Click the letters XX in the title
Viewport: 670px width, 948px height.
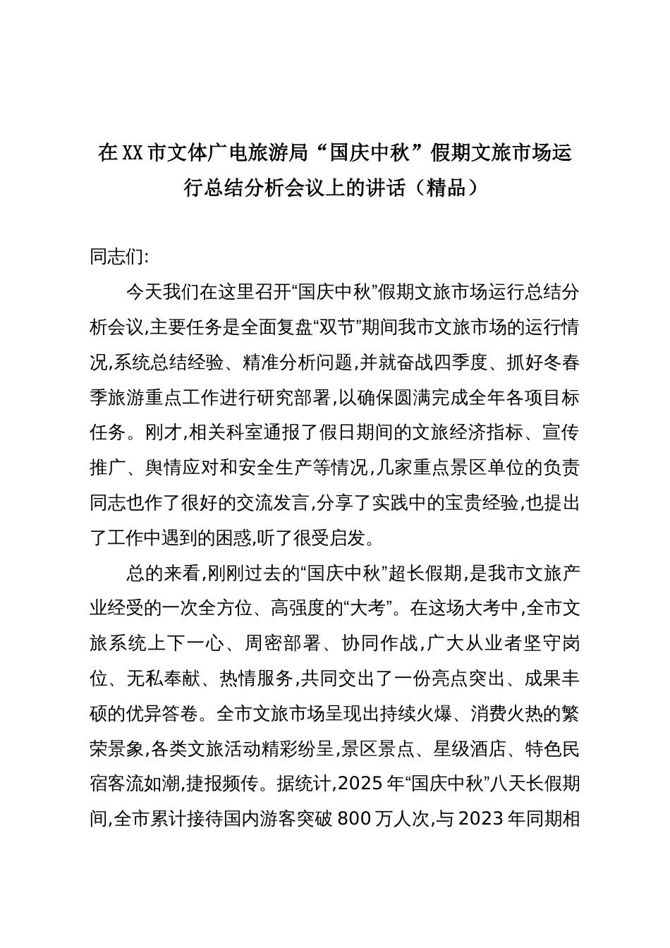(133, 152)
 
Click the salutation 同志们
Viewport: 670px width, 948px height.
(117, 257)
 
